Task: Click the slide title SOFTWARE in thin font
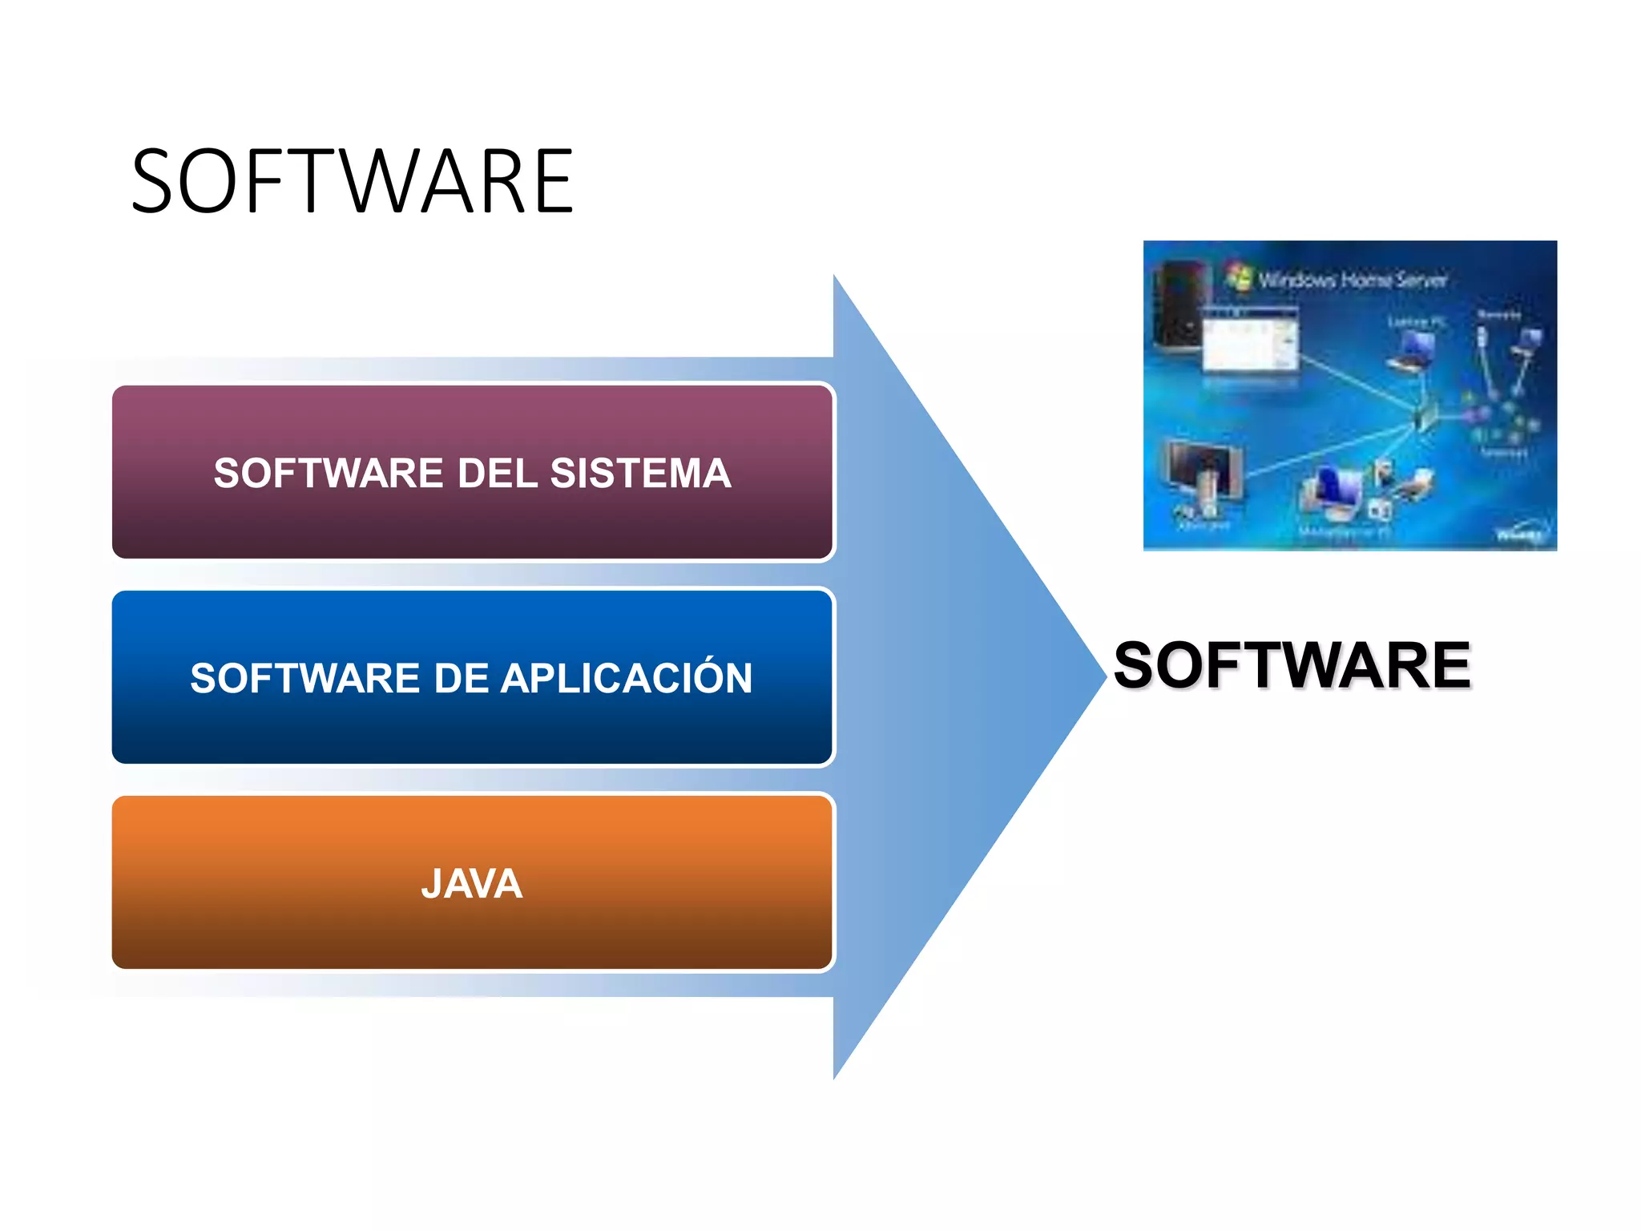coord(353,182)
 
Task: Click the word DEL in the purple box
coord(497,473)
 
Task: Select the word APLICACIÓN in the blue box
coord(626,678)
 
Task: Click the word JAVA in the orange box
coord(472,884)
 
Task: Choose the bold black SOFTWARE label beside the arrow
coord(1292,665)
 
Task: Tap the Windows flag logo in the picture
coord(1239,276)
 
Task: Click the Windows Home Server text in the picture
coord(1353,280)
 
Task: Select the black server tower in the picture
coord(1178,309)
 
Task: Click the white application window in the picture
coord(1250,341)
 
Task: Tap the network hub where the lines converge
coord(1424,417)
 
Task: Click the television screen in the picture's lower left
coord(1200,469)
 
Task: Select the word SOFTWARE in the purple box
coord(328,473)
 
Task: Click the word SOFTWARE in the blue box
coord(304,678)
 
